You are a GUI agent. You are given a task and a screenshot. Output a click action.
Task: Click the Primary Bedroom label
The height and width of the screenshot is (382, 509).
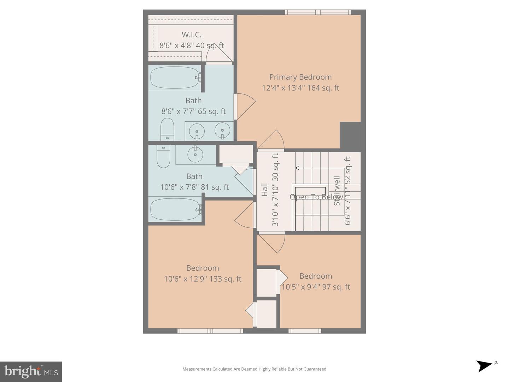coord(300,77)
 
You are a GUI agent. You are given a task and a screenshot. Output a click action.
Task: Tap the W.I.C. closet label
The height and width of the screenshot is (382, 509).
coord(192,35)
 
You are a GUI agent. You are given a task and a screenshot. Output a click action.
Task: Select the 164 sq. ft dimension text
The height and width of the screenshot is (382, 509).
coord(300,88)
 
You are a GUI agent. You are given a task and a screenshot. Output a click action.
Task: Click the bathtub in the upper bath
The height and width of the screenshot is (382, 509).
coord(175,77)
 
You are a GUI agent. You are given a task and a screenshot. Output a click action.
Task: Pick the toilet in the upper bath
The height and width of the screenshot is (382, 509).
coord(167,129)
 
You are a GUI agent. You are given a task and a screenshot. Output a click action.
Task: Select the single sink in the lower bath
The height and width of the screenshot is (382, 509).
coord(195,154)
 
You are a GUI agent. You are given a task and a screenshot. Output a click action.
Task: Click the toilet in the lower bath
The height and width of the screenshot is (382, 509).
coord(163,156)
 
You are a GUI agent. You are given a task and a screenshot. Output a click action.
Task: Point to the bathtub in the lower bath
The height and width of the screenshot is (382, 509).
coord(175,209)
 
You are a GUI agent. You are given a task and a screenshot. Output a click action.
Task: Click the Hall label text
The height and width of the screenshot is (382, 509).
coord(264,190)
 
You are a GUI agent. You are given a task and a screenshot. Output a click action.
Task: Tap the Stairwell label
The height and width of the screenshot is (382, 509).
coord(337,191)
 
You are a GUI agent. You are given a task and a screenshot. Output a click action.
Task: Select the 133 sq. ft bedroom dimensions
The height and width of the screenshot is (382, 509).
coord(203,279)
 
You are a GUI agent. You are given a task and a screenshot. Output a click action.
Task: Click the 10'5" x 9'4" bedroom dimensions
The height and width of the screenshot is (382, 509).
coord(316,287)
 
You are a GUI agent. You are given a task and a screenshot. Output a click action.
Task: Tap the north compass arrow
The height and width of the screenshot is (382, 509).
coord(485,365)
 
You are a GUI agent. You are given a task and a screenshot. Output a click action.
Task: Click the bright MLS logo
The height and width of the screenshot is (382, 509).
coord(31,371)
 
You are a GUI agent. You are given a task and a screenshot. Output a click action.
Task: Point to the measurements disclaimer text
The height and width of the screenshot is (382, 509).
coord(254,369)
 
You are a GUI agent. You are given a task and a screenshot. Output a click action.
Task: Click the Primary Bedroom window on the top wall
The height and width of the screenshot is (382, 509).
coord(318,12)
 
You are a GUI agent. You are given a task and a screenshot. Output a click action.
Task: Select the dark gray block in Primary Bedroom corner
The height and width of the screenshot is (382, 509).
coord(350,135)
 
